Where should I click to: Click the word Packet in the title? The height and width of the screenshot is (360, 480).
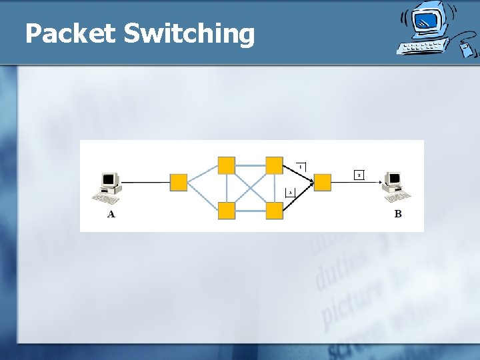[x=70, y=33]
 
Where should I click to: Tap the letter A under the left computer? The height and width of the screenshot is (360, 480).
[x=111, y=214]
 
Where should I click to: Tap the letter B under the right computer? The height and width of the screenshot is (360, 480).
[x=398, y=214]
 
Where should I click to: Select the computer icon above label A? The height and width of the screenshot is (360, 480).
[x=109, y=187]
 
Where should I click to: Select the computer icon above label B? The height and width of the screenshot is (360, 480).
[x=396, y=186]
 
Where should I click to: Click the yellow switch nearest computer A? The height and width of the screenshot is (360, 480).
[x=179, y=182]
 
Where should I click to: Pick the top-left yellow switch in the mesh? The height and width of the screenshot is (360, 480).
[x=227, y=165]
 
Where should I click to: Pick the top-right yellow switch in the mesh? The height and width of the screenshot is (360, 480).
[x=275, y=165]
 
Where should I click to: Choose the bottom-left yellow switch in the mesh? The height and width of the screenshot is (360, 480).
[x=227, y=211]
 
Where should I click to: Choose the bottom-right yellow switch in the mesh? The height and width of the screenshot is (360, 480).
[x=275, y=211]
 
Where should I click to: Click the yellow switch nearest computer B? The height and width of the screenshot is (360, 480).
[x=323, y=182]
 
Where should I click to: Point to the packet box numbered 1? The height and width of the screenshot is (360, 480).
[x=301, y=166]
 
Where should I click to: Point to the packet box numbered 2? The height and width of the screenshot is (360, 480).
[x=359, y=175]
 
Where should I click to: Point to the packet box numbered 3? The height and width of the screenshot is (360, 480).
[x=290, y=192]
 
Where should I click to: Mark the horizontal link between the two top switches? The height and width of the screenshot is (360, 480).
[x=251, y=165]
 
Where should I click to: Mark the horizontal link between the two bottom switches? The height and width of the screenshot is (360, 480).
[x=251, y=211]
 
